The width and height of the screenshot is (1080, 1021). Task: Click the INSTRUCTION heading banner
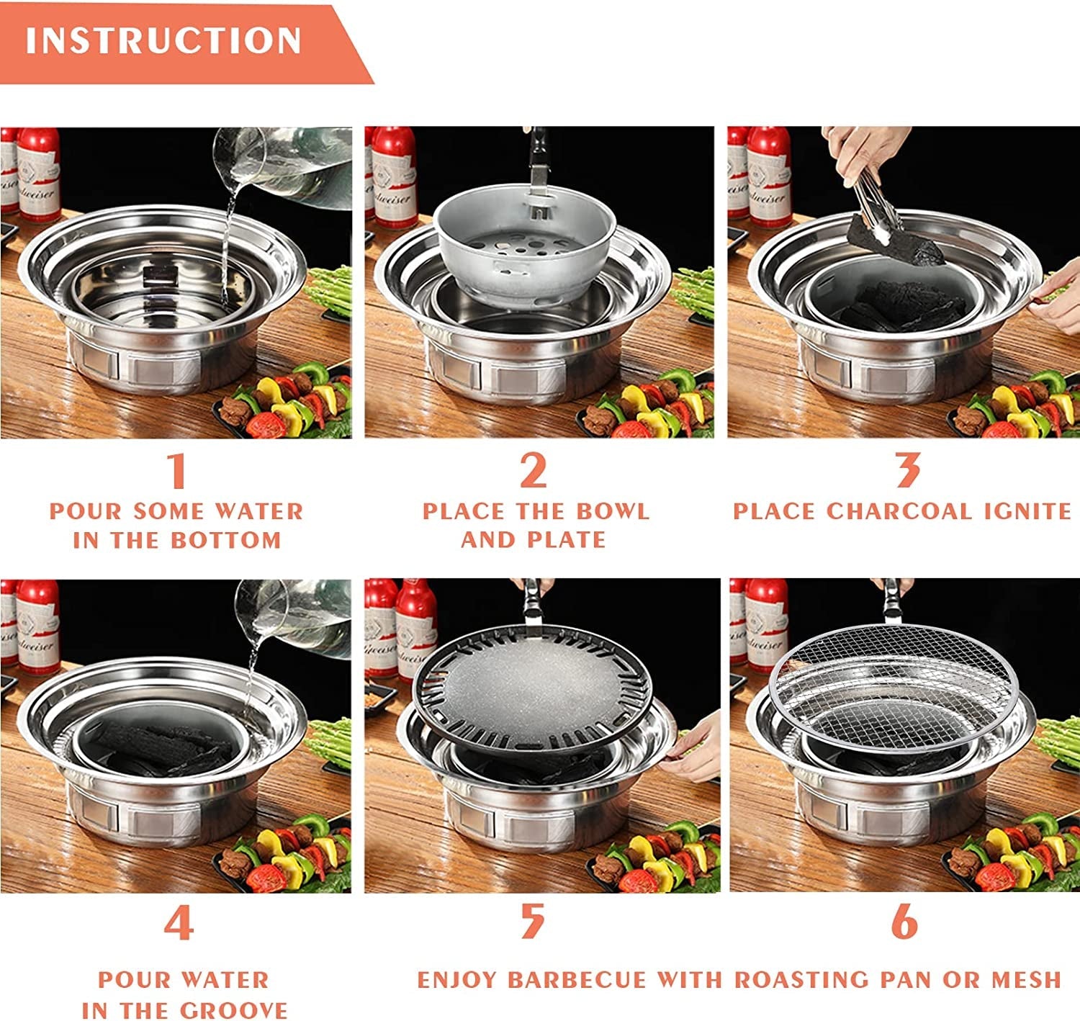coord(164,42)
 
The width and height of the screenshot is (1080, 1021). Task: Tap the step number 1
coord(177,471)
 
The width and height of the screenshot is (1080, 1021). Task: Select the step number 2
coord(534,471)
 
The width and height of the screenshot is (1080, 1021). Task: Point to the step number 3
coord(907,471)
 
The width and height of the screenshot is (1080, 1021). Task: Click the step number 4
coord(178,924)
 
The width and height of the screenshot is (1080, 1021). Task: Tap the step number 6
coord(904,922)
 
